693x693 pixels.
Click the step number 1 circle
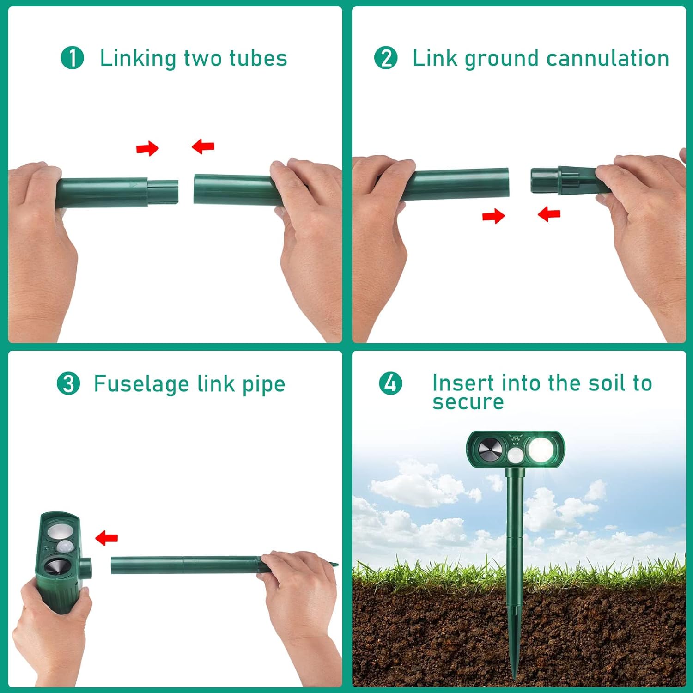point(72,58)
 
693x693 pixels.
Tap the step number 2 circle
point(386,58)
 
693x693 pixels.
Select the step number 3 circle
point(68,384)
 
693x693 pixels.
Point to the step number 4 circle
point(390,383)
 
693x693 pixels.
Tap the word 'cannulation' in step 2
point(608,58)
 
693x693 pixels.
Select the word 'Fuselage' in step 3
point(142,384)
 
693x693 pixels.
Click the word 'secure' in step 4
point(468,402)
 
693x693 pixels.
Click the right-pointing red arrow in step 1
point(147,149)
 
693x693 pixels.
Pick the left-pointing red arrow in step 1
point(203,146)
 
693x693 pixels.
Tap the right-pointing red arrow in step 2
point(493,216)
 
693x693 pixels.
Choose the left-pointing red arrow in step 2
point(549,214)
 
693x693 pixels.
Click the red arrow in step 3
point(106,538)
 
